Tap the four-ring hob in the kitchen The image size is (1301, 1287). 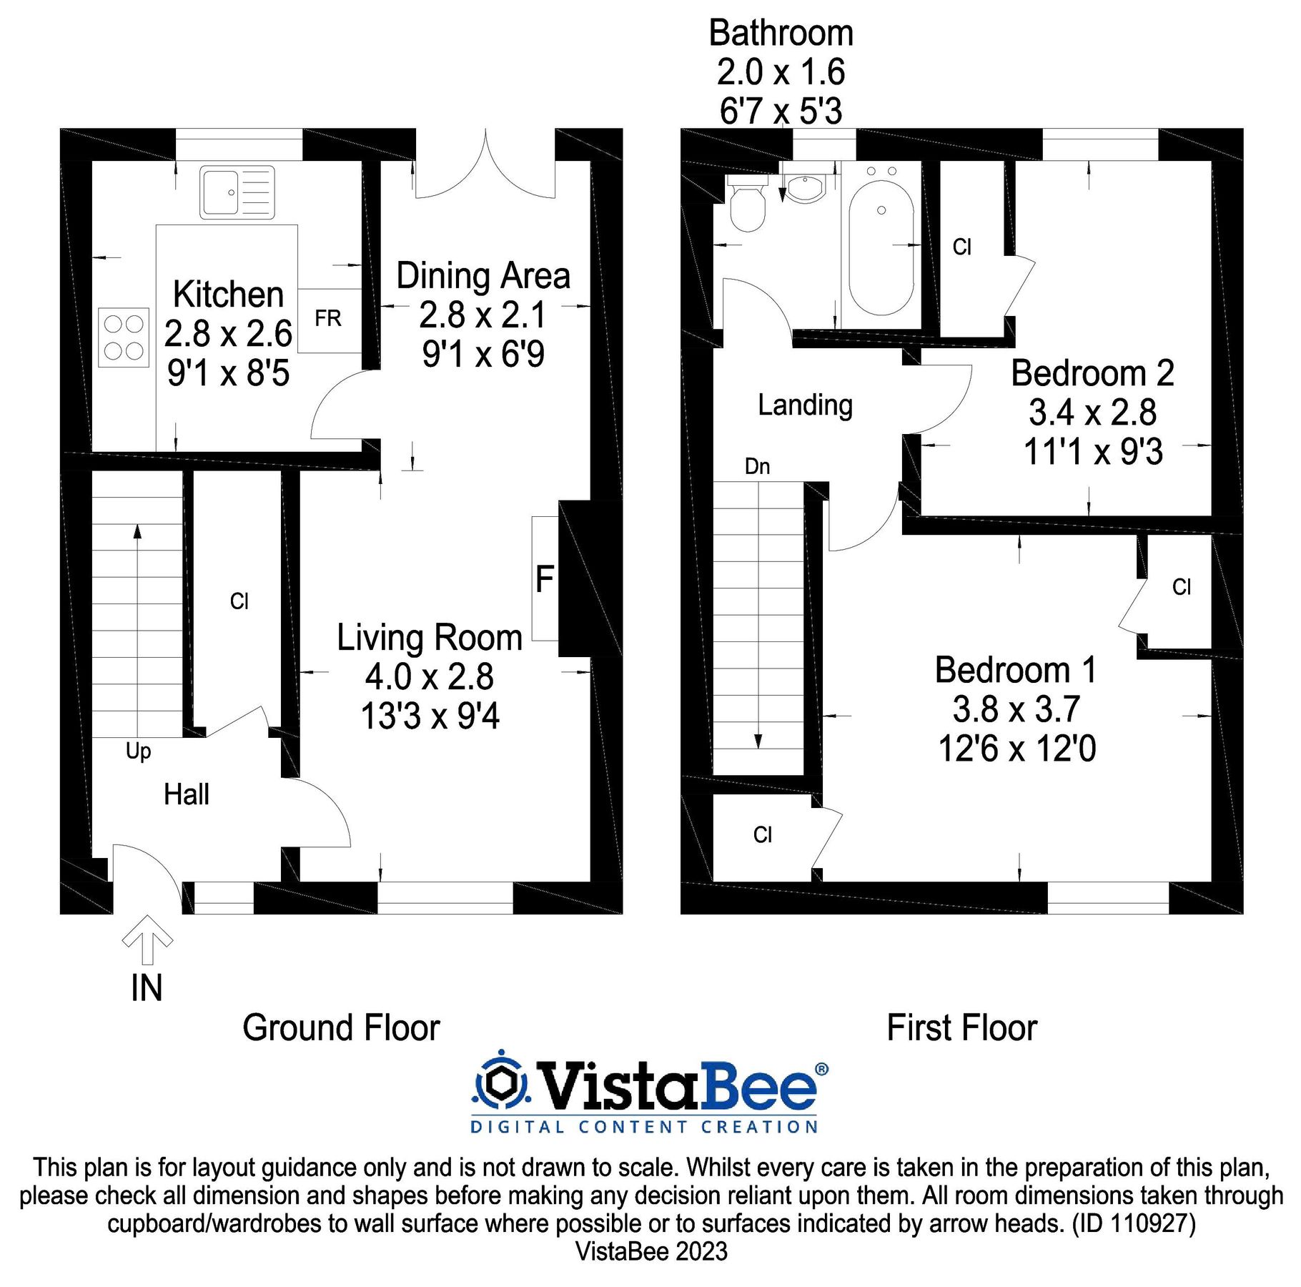pyautogui.click(x=124, y=337)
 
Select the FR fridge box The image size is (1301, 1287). pyautogui.click(x=328, y=319)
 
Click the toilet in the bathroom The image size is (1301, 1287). pyautogui.click(x=748, y=206)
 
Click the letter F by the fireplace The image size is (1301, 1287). pyautogui.click(x=545, y=579)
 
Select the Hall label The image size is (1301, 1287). pyautogui.click(x=186, y=794)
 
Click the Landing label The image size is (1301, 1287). pyautogui.click(x=805, y=405)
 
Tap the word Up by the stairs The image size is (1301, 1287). pyautogui.click(x=138, y=751)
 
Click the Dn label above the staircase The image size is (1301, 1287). pyautogui.click(x=757, y=467)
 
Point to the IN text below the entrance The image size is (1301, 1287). pyautogui.click(x=147, y=988)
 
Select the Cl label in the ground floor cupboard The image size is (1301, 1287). pyautogui.click(x=239, y=601)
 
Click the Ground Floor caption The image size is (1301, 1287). pyautogui.click(x=341, y=1028)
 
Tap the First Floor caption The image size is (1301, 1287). pyautogui.click(x=961, y=1028)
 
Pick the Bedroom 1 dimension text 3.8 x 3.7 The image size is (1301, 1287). pyautogui.click(x=1015, y=710)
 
